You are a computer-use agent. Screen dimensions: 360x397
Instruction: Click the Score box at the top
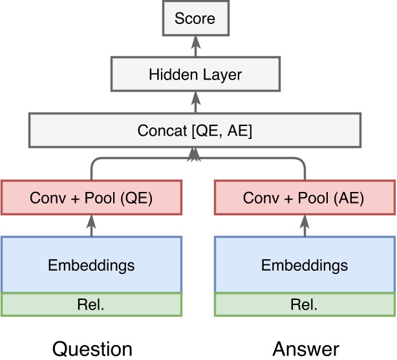coord(195,18)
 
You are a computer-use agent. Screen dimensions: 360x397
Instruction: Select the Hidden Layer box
coord(195,75)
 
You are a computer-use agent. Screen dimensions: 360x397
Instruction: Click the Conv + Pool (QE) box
coord(91,198)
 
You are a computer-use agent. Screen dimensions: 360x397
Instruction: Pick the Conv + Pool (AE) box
coord(305,198)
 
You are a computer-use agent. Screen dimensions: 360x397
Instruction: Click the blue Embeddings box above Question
coord(91,265)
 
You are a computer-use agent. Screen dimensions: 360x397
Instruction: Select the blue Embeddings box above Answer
coord(305,265)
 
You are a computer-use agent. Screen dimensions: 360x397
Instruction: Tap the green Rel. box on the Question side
coord(91,304)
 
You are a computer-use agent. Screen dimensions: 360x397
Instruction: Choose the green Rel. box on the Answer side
coord(305,304)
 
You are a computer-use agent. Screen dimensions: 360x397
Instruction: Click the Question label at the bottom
coord(92,349)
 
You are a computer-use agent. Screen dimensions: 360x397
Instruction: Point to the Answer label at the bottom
coord(306,349)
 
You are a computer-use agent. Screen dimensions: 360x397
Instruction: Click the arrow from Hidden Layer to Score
coord(195,45)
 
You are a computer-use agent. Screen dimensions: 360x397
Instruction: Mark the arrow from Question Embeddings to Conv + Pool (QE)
coord(91,226)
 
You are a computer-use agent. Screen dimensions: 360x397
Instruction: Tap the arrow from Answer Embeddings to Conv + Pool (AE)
coord(305,226)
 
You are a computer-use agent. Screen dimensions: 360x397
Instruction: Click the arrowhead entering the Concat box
coord(195,153)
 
